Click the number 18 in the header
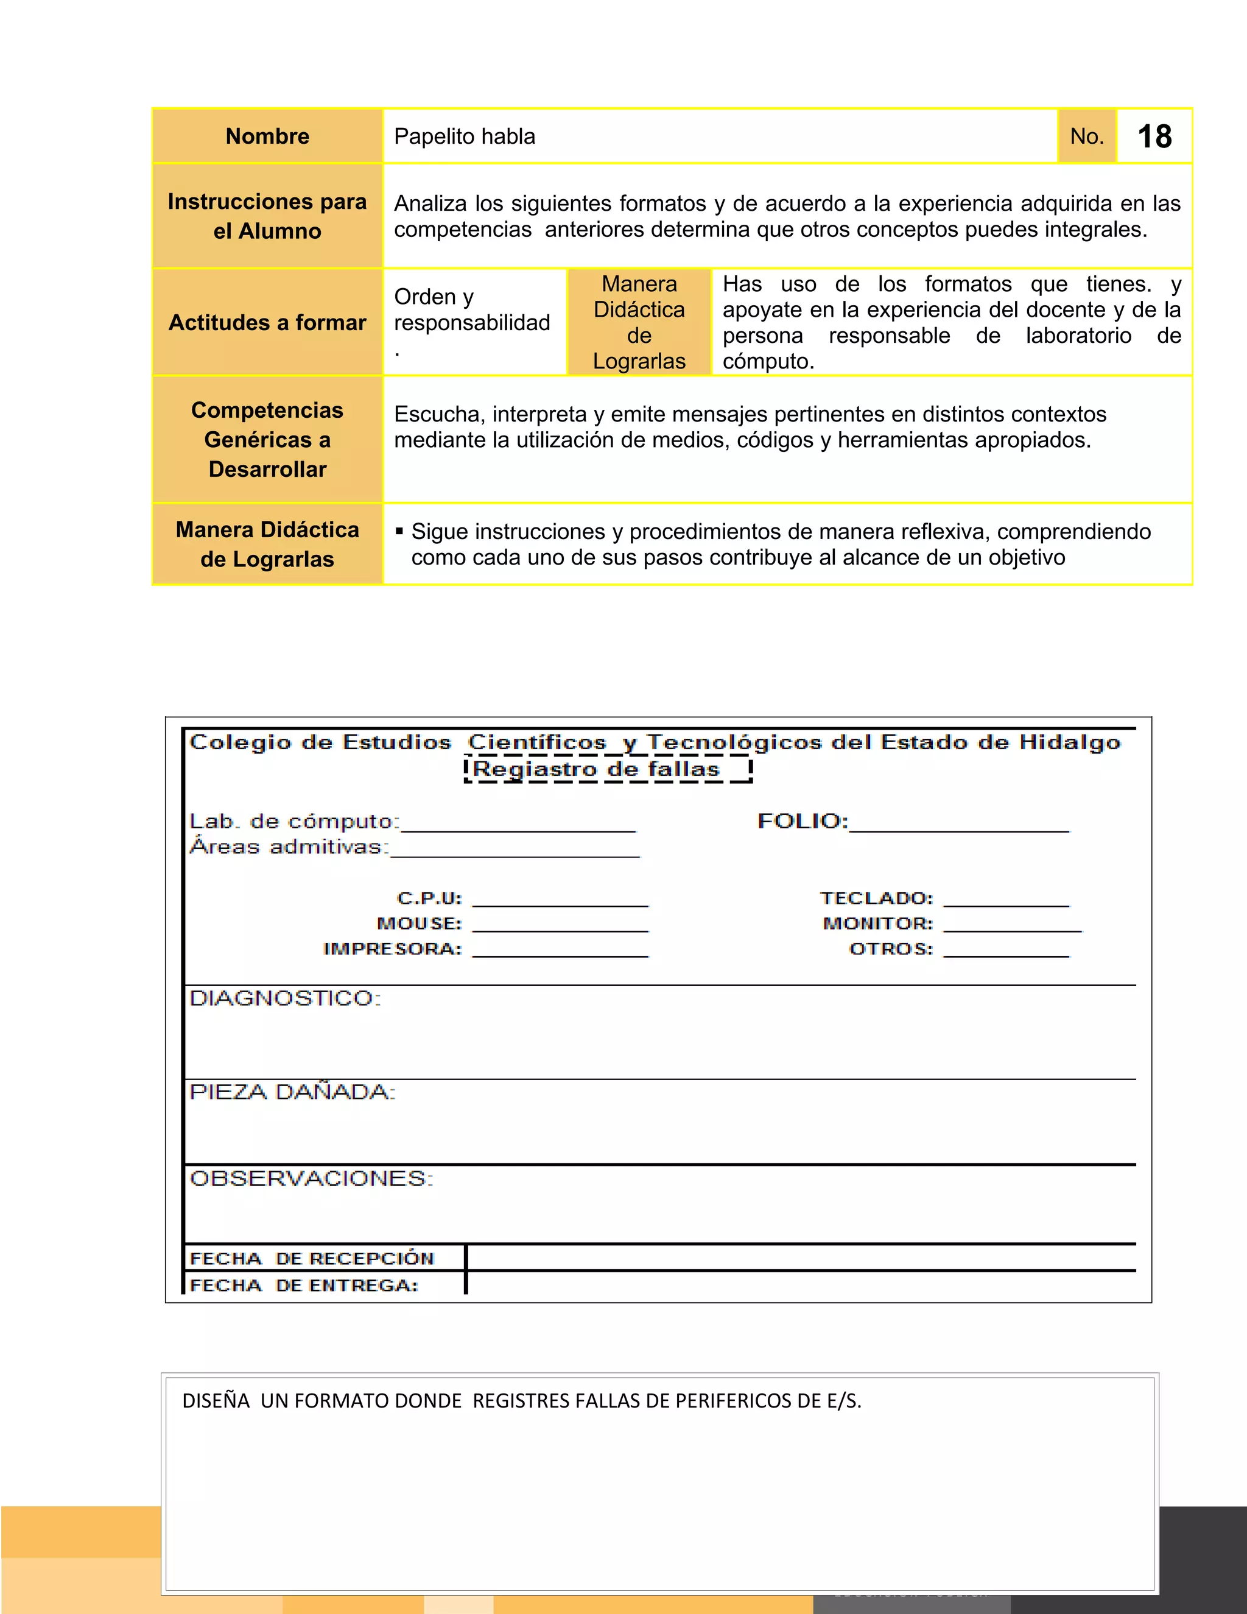coord(1154,136)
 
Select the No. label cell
coord(1087,136)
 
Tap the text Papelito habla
coord(465,136)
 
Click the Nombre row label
coord(267,136)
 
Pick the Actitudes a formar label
coord(267,323)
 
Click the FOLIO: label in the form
coord(803,821)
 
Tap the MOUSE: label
coord(419,924)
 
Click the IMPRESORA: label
coord(392,949)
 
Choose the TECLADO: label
coord(877,898)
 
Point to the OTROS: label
coord(891,949)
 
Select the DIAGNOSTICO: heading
coord(285,998)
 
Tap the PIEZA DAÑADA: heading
coord(292,1092)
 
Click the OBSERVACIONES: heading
coord(311,1178)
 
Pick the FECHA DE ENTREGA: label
coord(304,1286)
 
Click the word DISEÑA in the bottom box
coord(216,1401)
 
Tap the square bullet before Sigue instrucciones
coord(399,530)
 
